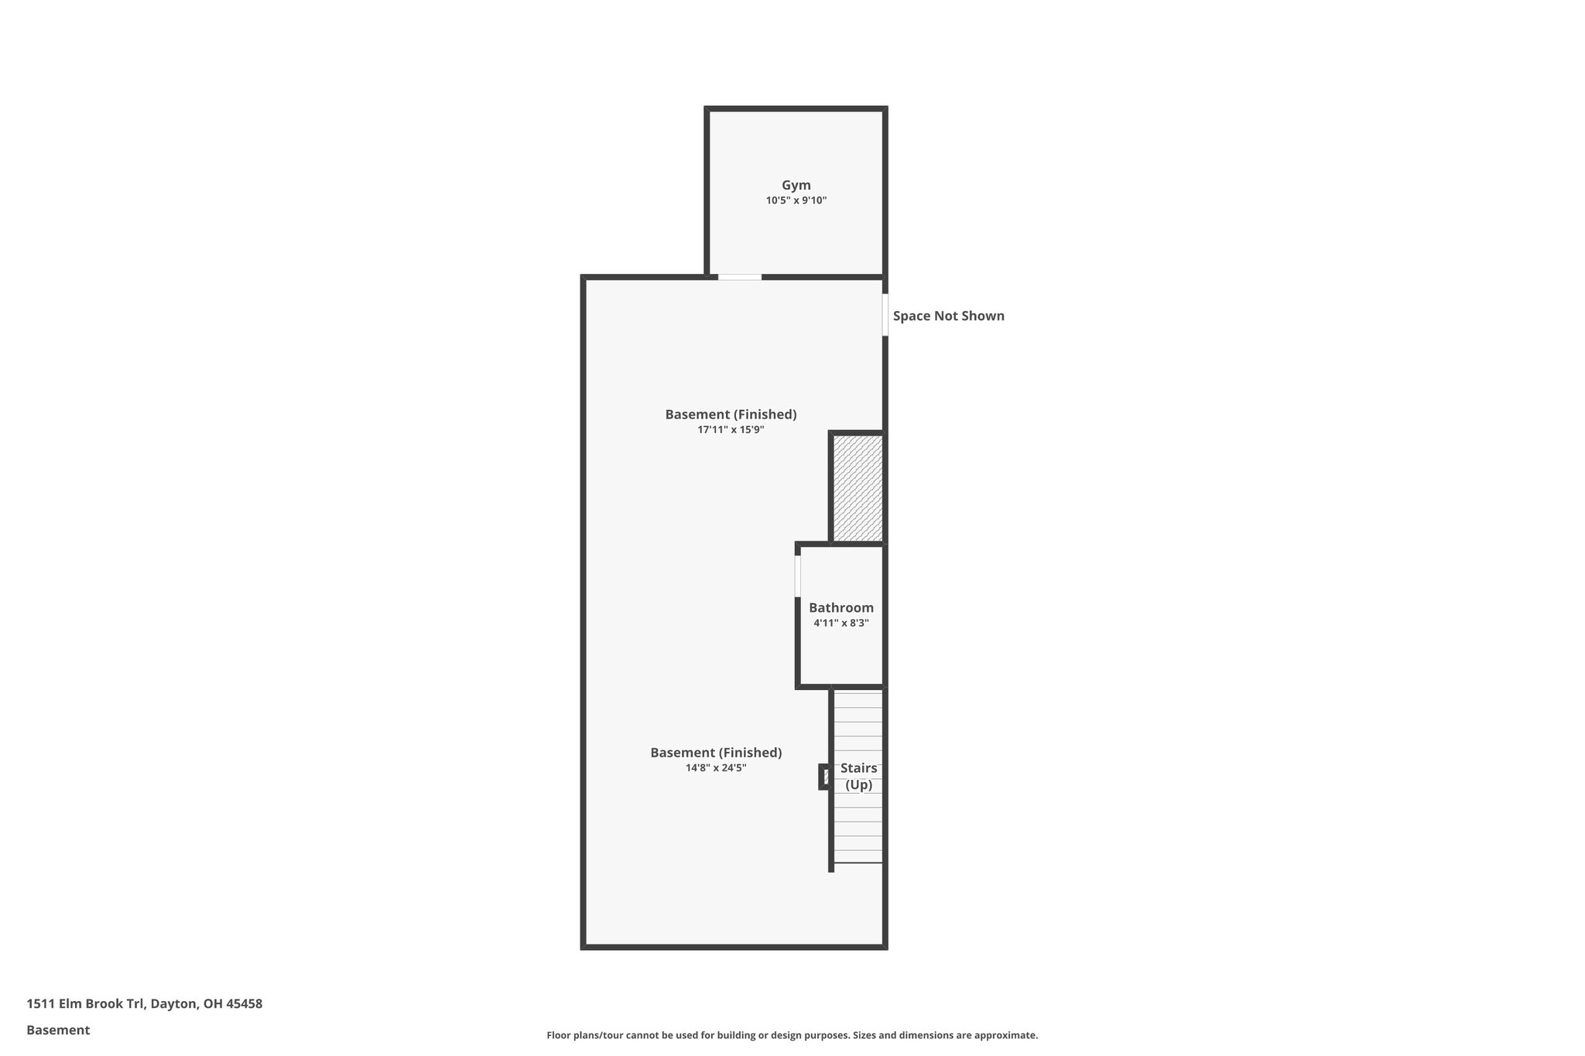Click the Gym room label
pyautogui.click(x=796, y=185)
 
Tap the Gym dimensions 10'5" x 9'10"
pyautogui.click(x=796, y=200)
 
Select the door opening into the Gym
pyautogui.click(x=739, y=277)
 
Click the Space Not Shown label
pyautogui.click(x=948, y=316)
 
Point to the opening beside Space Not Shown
pyautogui.click(x=885, y=315)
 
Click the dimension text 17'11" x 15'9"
pyautogui.click(x=731, y=429)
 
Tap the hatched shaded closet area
pyautogui.click(x=858, y=488)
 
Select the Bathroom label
pyautogui.click(x=840, y=608)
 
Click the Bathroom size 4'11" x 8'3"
pyautogui.click(x=840, y=624)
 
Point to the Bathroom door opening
pyautogui.click(x=798, y=576)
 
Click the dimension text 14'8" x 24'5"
pyautogui.click(x=715, y=768)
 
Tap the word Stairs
pyautogui.click(x=858, y=768)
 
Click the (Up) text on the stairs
pyautogui.click(x=858, y=785)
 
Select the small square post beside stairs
pyautogui.click(x=825, y=777)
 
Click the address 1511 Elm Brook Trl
pyautogui.click(x=85, y=1004)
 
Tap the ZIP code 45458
pyautogui.click(x=244, y=1004)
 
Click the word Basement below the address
pyautogui.click(x=58, y=1030)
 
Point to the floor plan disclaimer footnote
pyautogui.click(x=792, y=1035)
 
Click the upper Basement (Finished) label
pyautogui.click(x=731, y=415)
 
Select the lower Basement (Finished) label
pyautogui.click(x=715, y=753)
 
